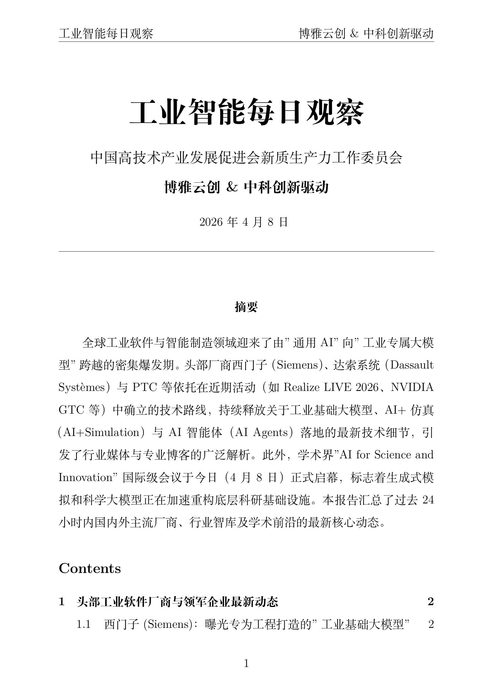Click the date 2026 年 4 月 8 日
[x=244, y=222]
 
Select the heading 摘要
[x=246, y=307]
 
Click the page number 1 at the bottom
[x=246, y=663]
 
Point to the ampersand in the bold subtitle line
[x=232, y=187]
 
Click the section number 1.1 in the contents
[x=84, y=624]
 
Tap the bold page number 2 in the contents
[x=430, y=602]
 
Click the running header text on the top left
[x=106, y=34]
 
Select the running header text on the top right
[x=366, y=34]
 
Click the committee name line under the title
[x=246, y=158]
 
